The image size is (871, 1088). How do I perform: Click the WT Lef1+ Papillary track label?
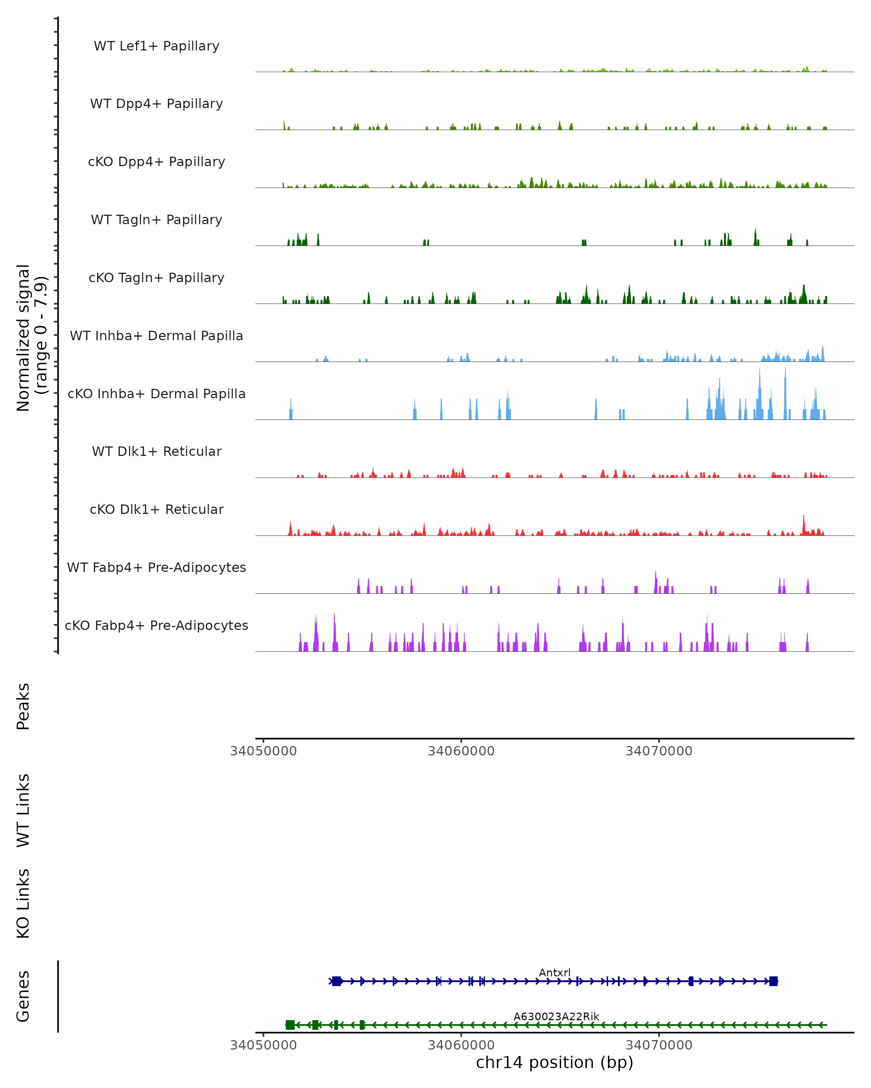pos(156,46)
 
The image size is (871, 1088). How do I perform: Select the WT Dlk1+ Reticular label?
pos(156,451)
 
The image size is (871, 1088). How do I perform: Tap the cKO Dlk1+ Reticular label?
pos(156,509)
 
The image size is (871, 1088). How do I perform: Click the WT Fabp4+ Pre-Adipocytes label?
pos(156,567)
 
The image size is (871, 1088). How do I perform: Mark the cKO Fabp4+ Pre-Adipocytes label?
pos(156,625)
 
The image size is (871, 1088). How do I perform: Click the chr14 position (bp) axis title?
pos(555,1062)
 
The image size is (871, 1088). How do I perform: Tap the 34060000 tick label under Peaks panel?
pos(461,751)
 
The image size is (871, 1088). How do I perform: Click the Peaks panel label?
pos(23,706)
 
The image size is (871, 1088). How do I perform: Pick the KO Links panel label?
pos(23,903)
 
